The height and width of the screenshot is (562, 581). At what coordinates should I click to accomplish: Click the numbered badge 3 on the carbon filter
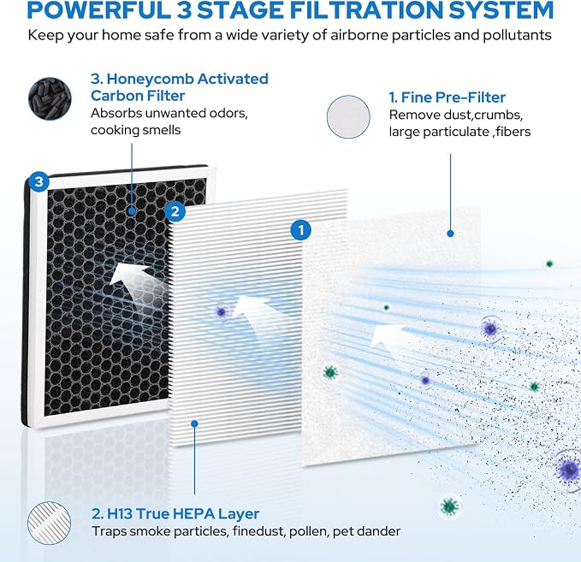click(x=39, y=181)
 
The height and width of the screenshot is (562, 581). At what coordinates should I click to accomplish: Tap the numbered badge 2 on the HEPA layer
click(x=175, y=211)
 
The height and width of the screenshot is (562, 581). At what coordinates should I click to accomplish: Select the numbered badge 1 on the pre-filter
click(x=301, y=230)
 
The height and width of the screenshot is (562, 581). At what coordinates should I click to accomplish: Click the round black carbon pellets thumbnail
click(x=50, y=98)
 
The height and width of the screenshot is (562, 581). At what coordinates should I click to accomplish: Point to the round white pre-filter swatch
click(x=348, y=116)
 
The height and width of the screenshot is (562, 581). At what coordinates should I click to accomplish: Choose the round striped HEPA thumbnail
click(x=50, y=524)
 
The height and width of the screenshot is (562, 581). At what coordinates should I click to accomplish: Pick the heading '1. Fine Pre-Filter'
click(x=447, y=98)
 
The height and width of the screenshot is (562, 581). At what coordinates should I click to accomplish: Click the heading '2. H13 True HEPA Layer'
click(x=175, y=513)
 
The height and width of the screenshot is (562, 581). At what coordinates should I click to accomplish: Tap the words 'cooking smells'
click(x=135, y=130)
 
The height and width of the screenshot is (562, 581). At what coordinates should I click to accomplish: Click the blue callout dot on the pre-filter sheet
click(x=450, y=234)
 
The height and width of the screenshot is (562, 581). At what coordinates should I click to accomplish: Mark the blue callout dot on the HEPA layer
click(x=194, y=423)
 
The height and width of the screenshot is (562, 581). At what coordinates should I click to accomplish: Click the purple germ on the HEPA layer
click(x=222, y=312)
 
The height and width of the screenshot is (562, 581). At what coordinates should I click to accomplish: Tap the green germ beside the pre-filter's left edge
click(x=330, y=372)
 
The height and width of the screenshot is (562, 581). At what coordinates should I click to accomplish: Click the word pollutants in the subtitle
click(x=518, y=36)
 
